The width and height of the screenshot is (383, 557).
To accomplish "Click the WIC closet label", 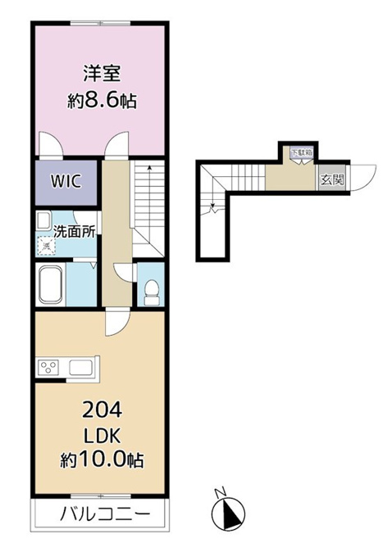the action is (x=66, y=182).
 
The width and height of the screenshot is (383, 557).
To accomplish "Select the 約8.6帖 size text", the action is (x=103, y=101).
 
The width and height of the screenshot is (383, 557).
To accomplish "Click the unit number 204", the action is (x=103, y=410).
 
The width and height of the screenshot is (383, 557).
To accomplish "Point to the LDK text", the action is (x=103, y=436).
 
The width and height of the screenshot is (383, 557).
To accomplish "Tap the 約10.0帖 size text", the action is (x=102, y=460).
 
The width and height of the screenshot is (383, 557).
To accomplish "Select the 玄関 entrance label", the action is (x=332, y=179).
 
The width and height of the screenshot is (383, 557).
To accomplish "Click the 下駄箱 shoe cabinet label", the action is (x=302, y=152).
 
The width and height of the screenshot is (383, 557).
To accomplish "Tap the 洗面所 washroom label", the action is (x=75, y=232).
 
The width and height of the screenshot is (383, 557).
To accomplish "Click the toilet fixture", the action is (x=153, y=292).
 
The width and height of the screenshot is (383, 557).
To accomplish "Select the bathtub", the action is (x=51, y=284).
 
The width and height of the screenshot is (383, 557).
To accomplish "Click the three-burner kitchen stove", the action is (x=49, y=368).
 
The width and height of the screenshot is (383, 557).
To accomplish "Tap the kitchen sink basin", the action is (x=80, y=368).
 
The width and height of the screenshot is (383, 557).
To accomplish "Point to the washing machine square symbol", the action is (x=46, y=246).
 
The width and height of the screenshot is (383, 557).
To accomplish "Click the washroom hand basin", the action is (x=44, y=221).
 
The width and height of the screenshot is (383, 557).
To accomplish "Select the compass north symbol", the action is (x=228, y=514).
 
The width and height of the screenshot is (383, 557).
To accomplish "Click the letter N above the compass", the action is (x=221, y=492).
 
